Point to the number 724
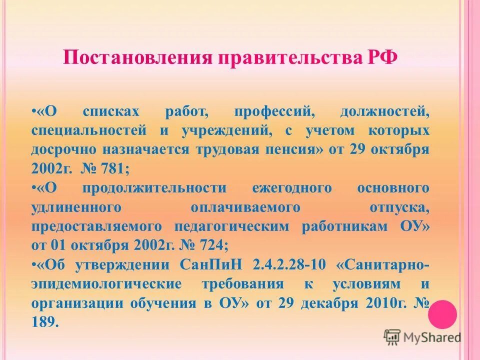215,245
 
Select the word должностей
385,112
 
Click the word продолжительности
155,188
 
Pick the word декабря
328,303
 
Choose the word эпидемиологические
98,284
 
